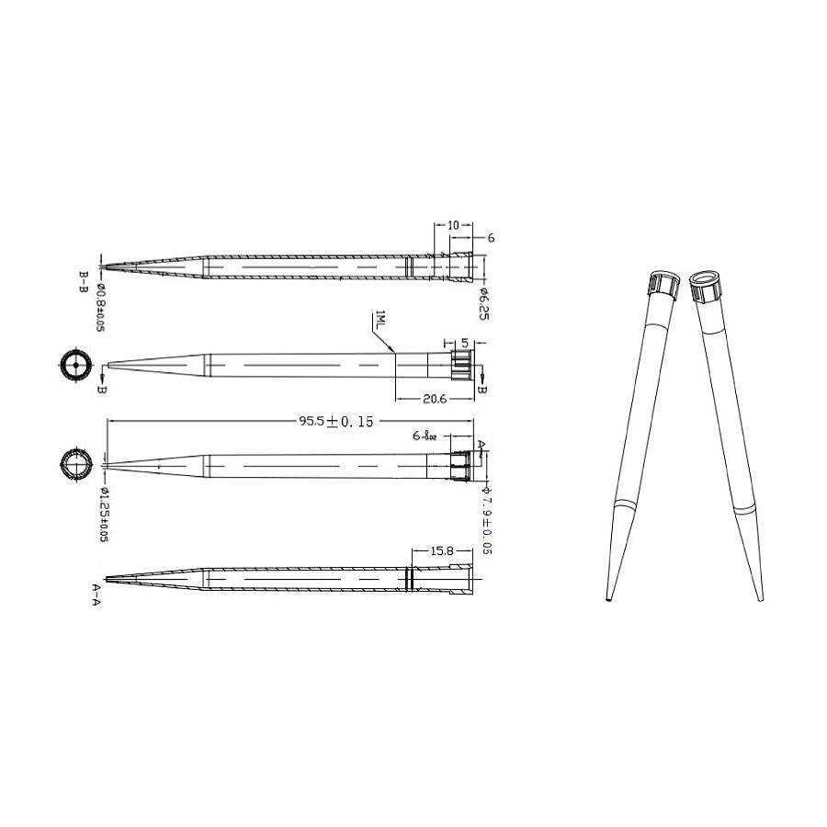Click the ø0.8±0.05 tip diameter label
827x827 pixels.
pos(100,305)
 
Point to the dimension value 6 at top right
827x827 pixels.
pos(492,237)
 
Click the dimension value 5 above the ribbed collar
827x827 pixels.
pos(465,344)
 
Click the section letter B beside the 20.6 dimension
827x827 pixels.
pos(481,391)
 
